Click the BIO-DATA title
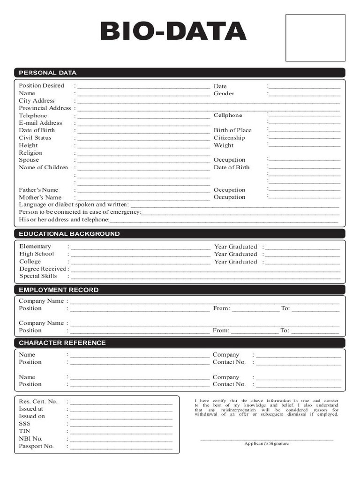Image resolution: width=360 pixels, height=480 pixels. tap(173, 32)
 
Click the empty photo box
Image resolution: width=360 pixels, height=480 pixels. tap(315, 37)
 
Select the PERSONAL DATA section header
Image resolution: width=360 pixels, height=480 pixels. tap(47, 73)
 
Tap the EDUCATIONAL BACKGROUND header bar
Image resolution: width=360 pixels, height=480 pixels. tap(69, 233)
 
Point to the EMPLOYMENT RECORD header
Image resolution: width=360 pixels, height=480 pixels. tap(59, 290)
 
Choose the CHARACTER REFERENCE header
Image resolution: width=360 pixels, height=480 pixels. tap(62, 343)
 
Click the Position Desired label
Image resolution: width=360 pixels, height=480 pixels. tap(41, 86)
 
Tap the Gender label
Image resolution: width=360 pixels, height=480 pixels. tap(224, 93)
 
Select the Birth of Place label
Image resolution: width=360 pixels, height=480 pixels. tap(232, 130)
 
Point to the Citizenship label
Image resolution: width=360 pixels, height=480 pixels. tap(229, 138)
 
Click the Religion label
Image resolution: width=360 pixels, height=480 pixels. tap(30, 153)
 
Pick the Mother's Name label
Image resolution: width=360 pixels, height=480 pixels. tap(40, 197)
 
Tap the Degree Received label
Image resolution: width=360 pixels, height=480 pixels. tap(43, 269)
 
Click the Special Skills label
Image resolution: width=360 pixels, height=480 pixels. tap(38, 276)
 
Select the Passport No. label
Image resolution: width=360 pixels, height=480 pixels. tap(36, 446)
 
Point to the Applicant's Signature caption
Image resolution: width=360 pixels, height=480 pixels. tap(266, 443)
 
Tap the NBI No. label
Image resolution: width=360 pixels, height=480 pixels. tap(30, 439)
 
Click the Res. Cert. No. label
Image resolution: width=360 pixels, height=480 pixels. tap(38, 401)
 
